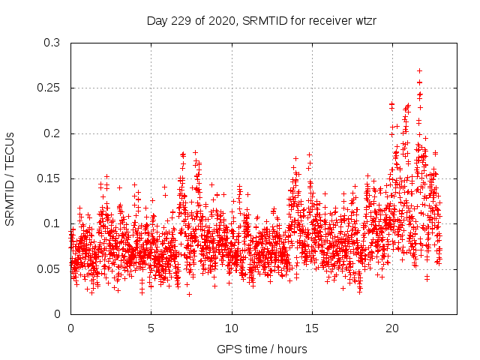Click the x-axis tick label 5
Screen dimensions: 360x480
click(151, 328)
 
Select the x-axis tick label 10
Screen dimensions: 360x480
click(232, 328)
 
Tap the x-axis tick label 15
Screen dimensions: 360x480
click(312, 328)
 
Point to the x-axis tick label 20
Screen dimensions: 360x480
click(392, 328)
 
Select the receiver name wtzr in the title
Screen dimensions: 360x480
click(363, 21)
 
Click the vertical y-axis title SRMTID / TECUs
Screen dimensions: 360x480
click(10, 178)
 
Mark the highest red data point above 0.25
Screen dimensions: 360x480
click(419, 70)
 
